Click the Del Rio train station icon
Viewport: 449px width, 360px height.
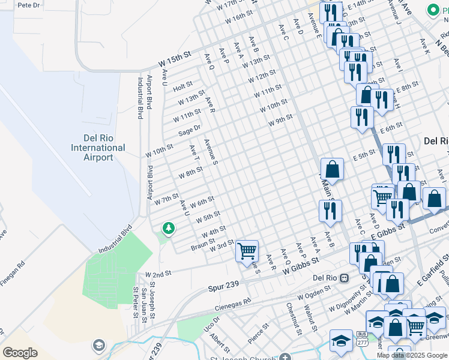345,278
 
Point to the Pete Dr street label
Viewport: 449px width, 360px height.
28,5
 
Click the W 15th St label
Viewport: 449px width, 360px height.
175,58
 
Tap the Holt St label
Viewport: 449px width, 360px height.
182,86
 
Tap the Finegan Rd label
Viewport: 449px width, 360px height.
13,268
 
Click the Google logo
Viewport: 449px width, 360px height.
20,352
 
